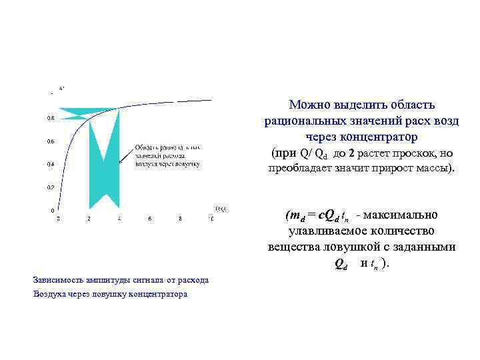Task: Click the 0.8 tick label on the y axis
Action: click(x=51, y=118)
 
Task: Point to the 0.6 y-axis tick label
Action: click(x=51, y=141)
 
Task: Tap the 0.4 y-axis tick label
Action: click(x=51, y=164)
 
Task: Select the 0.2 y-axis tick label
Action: click(x=51, y=187)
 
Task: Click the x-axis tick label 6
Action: click(x=150, y=219)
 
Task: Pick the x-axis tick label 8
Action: click(x=181, y=219)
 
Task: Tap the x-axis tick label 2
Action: click(x=89, y=219)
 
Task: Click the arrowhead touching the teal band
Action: click(x=121, y=161)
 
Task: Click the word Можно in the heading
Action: click(x=309, y=105)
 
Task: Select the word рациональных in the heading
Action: click(x=305, y=121)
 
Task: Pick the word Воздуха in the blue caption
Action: click(x=51, y=294)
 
